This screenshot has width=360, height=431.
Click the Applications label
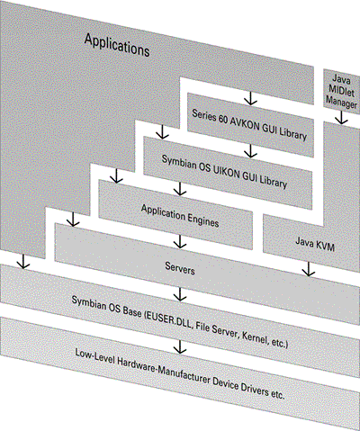117,45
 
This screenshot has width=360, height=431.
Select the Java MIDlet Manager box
342,91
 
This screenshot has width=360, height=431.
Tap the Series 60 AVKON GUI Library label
249,125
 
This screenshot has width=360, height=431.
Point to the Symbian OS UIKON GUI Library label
224,171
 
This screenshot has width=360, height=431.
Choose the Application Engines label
180,216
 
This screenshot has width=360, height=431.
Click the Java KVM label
315,244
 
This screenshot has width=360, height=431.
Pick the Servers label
180,268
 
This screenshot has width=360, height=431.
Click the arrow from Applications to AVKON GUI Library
250,98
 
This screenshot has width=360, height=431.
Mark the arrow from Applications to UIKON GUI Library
162,132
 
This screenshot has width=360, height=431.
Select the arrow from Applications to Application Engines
117,175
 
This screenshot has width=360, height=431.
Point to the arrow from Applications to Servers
73,220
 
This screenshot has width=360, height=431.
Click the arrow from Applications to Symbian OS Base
23,261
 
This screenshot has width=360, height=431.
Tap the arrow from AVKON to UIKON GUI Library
250,151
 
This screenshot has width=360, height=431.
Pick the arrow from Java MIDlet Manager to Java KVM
341,118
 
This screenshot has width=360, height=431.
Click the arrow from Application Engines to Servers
180,241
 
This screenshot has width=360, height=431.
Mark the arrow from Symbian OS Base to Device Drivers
180,346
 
